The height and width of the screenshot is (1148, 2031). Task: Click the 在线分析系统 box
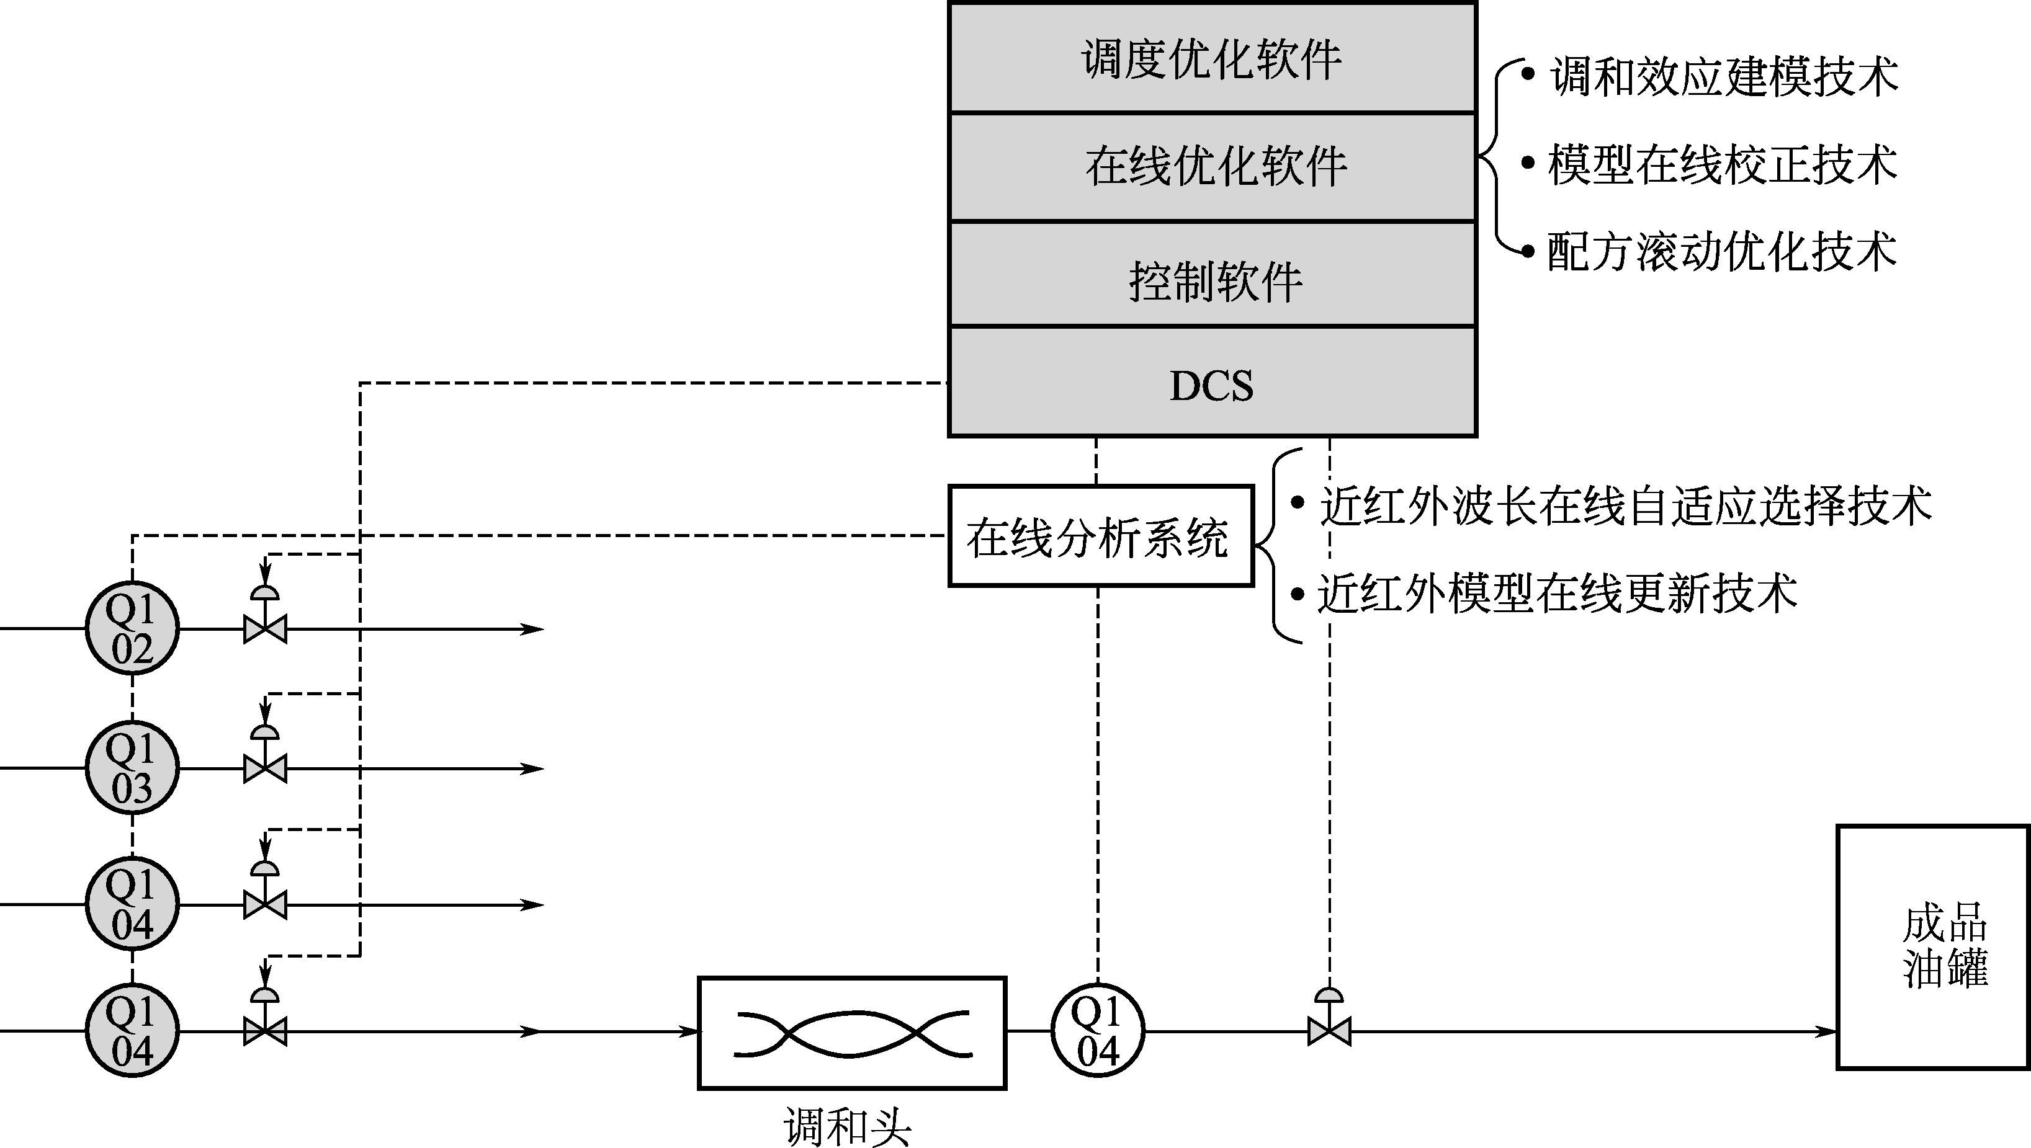pyautogui.click(x=1100, y=536)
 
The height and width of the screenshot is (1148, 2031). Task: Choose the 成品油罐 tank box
pyautogui.click(x=1932, y=947)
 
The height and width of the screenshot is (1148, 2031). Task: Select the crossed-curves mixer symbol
pyautogui.click(x=852, y=1033)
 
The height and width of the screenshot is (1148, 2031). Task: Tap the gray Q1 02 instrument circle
pyautogui.click(x=132, y=628)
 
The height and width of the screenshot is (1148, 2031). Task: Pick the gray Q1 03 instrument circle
pyautogui.click(x=132, y=767)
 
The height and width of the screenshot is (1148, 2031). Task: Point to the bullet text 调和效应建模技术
pyautogui.click(x=1723, y=76)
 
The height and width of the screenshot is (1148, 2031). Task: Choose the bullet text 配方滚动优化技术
pyautogui.click(x=1722, y=252)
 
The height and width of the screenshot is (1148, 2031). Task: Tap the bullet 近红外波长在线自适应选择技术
pyautogui.click(x=1625, y=505)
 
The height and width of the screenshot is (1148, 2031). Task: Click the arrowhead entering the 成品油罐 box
pyautogui.click(x=1826, y=1031)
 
